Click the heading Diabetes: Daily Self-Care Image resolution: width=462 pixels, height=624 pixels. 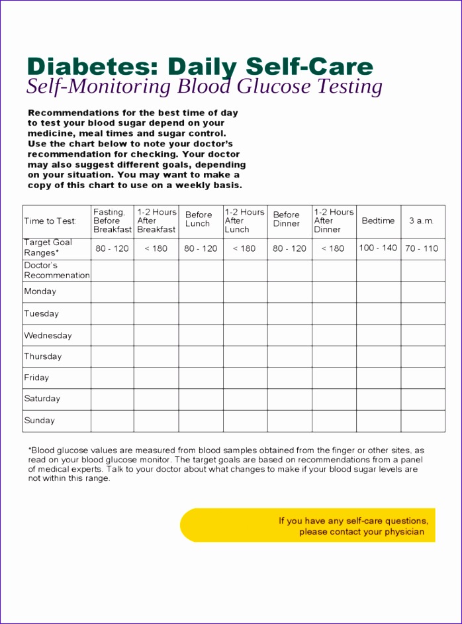(x=200, y=67)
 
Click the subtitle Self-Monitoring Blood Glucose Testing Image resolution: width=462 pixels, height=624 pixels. (x=205, y=87)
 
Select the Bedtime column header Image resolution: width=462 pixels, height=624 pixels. (x=378, y=221)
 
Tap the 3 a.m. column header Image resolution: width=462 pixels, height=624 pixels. (x=422, y=221)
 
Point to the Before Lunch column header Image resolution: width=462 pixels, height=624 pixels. (x=199, y=219)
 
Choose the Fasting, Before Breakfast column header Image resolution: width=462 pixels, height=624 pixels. (x=112, y=221)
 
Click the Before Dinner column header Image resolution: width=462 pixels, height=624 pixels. (x=287, y=219)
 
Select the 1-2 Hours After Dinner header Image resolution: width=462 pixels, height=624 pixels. (x=334, y=221)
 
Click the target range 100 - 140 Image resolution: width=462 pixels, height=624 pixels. (x=378, y=248)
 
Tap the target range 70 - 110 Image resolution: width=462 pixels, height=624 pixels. (x=422, y=248)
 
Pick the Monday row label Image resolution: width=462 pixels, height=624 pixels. (x=40, y=291)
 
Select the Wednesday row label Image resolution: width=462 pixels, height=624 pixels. (x=48, y=335)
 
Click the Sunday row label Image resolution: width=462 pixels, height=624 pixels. (x=40, y=421)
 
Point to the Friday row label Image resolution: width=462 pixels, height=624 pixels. (x=36, y=378)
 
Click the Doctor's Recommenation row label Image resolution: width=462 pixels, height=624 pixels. (x=56, y=270)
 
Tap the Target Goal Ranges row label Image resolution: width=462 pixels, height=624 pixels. (x=48, y=248)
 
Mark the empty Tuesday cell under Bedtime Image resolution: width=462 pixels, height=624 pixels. (x=378, y=313)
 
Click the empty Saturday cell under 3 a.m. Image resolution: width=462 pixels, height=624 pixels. (x=422, y=399)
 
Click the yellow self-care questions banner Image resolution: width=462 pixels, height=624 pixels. (x=308, y=525)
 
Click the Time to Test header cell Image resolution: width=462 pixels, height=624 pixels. (x=50, y=221)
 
